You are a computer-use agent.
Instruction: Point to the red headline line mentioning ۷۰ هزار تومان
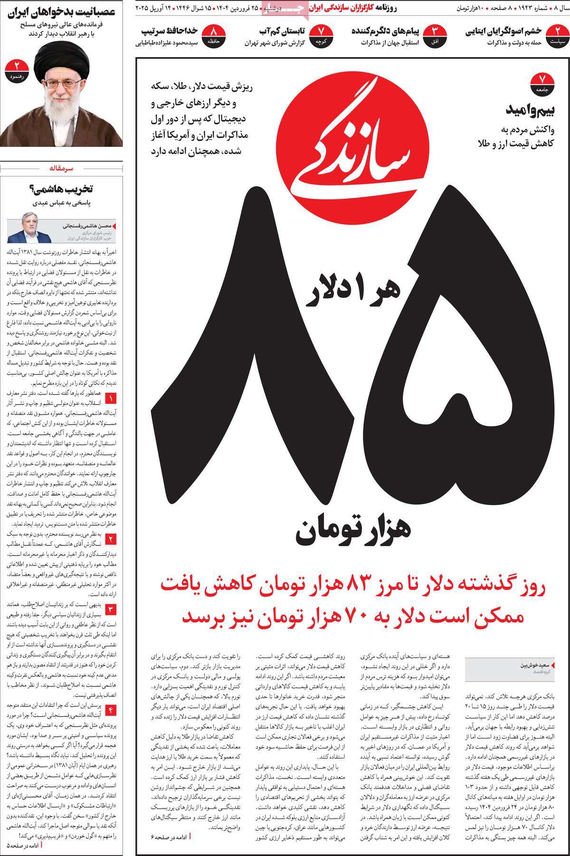[x=354, y=616]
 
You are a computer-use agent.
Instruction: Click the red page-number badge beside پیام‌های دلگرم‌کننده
[x=437, y=34]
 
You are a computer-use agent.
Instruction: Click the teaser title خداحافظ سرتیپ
[x=170, y=31]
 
